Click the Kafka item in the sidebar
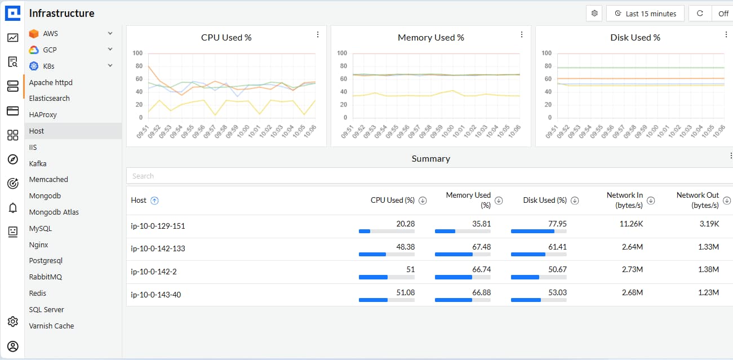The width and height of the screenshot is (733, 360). (x=38, y=163)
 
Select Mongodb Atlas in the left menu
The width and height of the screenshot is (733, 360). (x=54, y=212)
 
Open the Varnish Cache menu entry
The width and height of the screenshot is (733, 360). (x=51, y=326)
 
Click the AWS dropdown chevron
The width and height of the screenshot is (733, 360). (x=110, y=33)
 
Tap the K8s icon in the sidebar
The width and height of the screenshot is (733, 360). (x=34, y=66)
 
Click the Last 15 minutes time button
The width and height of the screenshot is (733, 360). (x=645, y=14)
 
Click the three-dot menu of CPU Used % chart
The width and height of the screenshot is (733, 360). (x=318, y=35)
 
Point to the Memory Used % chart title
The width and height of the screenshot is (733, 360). (x=430, y=38)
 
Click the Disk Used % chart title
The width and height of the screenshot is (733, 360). (x=635, y=38)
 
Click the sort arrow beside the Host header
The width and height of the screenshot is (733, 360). (x=155, y=200)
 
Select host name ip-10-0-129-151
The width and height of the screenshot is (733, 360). (x=158, y=226)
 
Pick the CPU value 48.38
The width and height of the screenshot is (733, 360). (x=406, y=247)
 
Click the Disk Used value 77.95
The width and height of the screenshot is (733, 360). (x=557, y=224)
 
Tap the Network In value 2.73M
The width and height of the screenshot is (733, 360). (x=632, y=269)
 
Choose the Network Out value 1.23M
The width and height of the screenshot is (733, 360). (x=708, y=292)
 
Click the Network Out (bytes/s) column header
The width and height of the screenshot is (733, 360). (x=698, y=200)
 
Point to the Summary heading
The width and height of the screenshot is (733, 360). (x=430, y=159)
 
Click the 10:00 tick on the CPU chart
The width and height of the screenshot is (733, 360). (x=243, y=131)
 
